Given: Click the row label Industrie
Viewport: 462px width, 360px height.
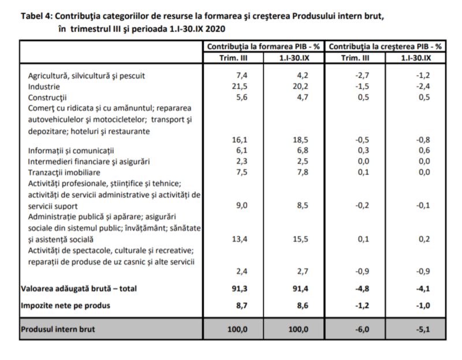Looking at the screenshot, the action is point(44,87).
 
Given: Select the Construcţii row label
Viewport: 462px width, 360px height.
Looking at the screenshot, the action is point(47,97).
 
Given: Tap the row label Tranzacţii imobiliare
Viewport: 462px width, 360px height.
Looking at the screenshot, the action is point(64,172).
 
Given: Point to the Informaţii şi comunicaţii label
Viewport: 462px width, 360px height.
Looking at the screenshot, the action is point(70,151).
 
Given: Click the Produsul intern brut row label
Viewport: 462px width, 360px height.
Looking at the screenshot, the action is point(58,329).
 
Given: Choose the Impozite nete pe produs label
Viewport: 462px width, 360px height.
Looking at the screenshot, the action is point(65,306).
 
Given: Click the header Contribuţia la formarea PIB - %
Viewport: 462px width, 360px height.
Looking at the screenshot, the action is point(263,47).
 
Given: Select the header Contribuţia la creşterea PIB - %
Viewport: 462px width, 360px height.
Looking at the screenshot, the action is point(385,47).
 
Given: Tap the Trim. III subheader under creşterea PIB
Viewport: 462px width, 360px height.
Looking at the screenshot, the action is point(355,58).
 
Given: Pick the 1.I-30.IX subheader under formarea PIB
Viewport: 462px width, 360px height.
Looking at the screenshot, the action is point(294,58).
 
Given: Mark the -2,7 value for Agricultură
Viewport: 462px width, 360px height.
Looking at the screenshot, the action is point(362,76).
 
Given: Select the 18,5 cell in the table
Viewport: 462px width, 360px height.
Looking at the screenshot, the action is point(300,140).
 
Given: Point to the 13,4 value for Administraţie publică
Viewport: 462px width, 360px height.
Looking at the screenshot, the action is point(239,239).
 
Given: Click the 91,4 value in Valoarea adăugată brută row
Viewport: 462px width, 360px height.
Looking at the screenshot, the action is point(300,289).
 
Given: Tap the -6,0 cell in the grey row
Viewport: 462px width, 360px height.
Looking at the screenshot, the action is point(362,329).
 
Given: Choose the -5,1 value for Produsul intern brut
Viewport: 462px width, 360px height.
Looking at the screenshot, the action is point(423,329).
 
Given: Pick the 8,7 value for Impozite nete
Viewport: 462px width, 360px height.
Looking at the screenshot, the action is point(241,306).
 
